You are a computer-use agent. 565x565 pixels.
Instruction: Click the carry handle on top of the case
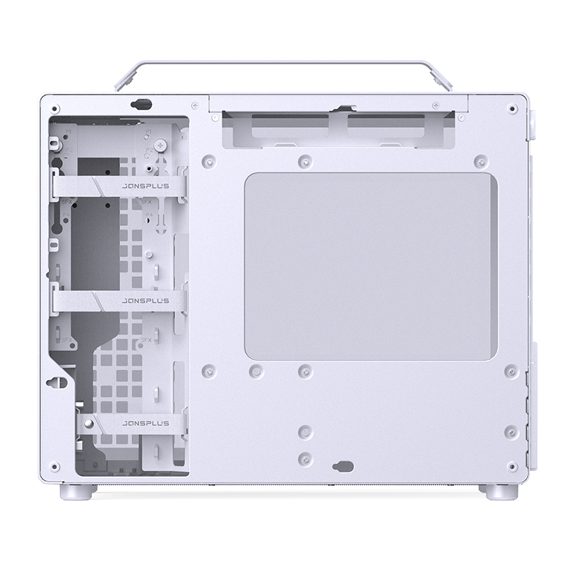point(282,64)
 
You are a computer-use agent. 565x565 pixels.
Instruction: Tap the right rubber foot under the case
point(492,491)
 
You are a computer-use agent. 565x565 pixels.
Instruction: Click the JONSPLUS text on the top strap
point(145,186)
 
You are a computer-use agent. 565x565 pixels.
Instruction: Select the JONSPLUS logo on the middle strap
point(145,299)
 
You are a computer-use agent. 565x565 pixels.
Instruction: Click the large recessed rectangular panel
point(370,268)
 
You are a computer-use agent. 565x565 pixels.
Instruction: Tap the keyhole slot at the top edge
point(141,104)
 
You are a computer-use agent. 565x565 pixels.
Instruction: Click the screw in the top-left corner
point(53,107)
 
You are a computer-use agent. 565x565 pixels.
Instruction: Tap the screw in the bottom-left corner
point(53,465)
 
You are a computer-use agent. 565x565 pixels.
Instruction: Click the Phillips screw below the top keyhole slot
point(164,145)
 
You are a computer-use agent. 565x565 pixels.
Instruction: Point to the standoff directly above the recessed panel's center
point(304,161)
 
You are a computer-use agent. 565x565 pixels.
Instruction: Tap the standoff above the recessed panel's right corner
point(480,160)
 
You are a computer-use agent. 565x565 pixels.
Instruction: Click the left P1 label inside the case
point(69,132)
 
